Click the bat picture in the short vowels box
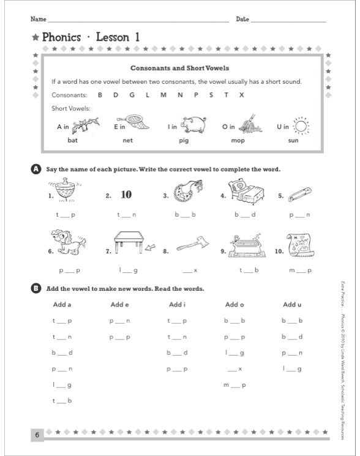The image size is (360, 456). click(x=82, y=126)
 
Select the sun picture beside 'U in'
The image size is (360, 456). click(x=302, y=126)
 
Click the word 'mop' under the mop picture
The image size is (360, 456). click(x=238, y=141)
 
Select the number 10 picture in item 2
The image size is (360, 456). click(x=126, y=195)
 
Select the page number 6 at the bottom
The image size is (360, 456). click(x=37, y=435)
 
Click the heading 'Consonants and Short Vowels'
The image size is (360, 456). click(x=179, y=69)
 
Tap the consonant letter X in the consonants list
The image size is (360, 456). click(x=241, y=95)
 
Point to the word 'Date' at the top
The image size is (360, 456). click(x=242, y=20)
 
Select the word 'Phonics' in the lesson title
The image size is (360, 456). click(x=61, y=37)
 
